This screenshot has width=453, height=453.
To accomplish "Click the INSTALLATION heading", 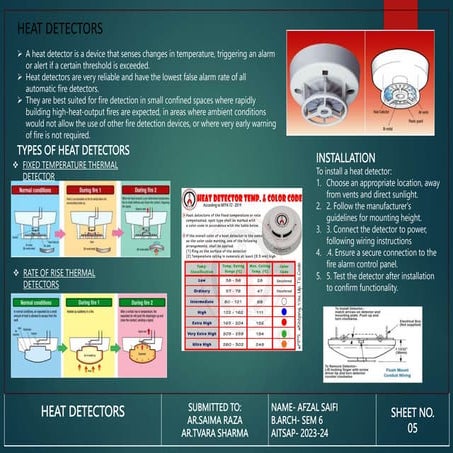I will coord(346,158).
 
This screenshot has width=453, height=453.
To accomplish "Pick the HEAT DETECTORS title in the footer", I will coord(82,412).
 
